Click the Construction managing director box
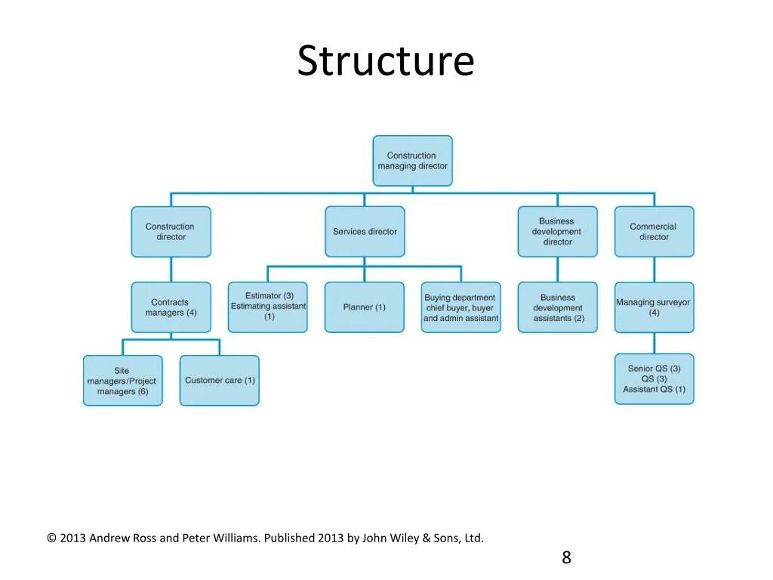[x=412, y=161]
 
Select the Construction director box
[x=171, y=232]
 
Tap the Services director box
[x=365, y=232]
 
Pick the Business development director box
[x=557, y=232]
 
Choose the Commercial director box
[x=654, y=232]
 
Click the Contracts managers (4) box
[x=171, y=307]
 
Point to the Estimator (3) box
[x=268, y=307]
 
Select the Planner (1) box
[x=365, y=307]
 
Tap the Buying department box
[x=460, y=307]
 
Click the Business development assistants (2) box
[x=557, y=307]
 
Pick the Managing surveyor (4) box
[x=654, y=307]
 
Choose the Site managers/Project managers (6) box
[x=122, y=381]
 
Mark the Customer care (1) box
[x=220, y=381]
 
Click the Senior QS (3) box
[x=654, y=379]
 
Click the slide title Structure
[x=385, y=61]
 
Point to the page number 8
[x=566, y=558]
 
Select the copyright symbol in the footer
[x=51, y=538]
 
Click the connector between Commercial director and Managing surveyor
[x=654, y=270]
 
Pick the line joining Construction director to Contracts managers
[x=171, y=270]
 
